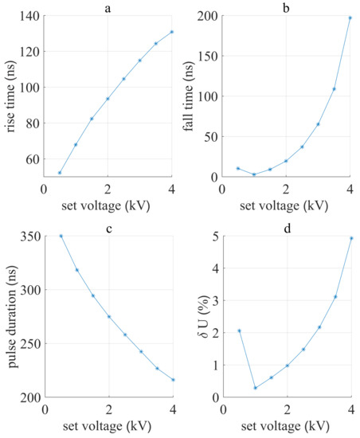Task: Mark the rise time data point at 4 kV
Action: [172, 32]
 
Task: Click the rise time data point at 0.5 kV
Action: [60, 172]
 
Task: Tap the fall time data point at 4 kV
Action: [350, 18]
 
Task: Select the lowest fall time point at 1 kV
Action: [254, 174]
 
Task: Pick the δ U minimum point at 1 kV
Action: [255, 388]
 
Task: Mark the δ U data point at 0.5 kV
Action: [239, 330]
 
